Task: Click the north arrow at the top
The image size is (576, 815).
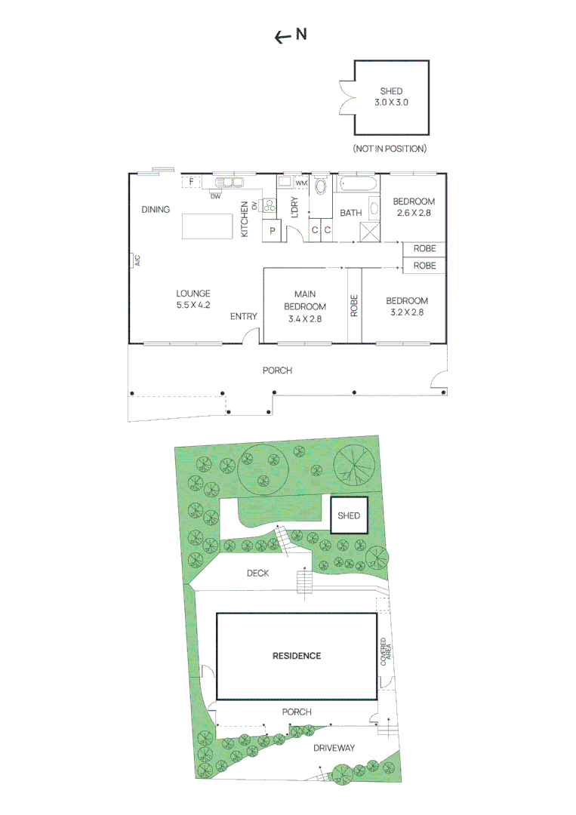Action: pyautogui.click(x=283, y=35)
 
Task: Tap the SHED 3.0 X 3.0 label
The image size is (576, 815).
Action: pyautogui.click(x=391, y=96)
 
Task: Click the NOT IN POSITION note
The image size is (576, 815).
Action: pyautogui.click(x=390, y=149)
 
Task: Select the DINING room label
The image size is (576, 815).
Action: pyautogui.click(x=156, y=210)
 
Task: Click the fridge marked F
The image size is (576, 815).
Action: pyautogui.click(x=192, y=182)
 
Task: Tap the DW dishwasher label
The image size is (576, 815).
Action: pyautogui.click(x=216, y=197)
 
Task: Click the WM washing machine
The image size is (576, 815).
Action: pyautogui.click(x=301, y=183)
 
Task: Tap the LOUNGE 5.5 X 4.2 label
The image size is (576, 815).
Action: pyautogui.click(x=193, y=300)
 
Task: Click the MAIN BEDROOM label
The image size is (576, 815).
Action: pyautogui.click(x=305, y=306)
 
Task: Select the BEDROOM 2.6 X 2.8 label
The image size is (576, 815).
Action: pyautogui.click(x=413, y=207)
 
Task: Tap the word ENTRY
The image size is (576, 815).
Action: pyautogui.click(x=244, y=316)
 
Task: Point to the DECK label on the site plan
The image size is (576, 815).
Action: pyautogui.click(x=258, y=574)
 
